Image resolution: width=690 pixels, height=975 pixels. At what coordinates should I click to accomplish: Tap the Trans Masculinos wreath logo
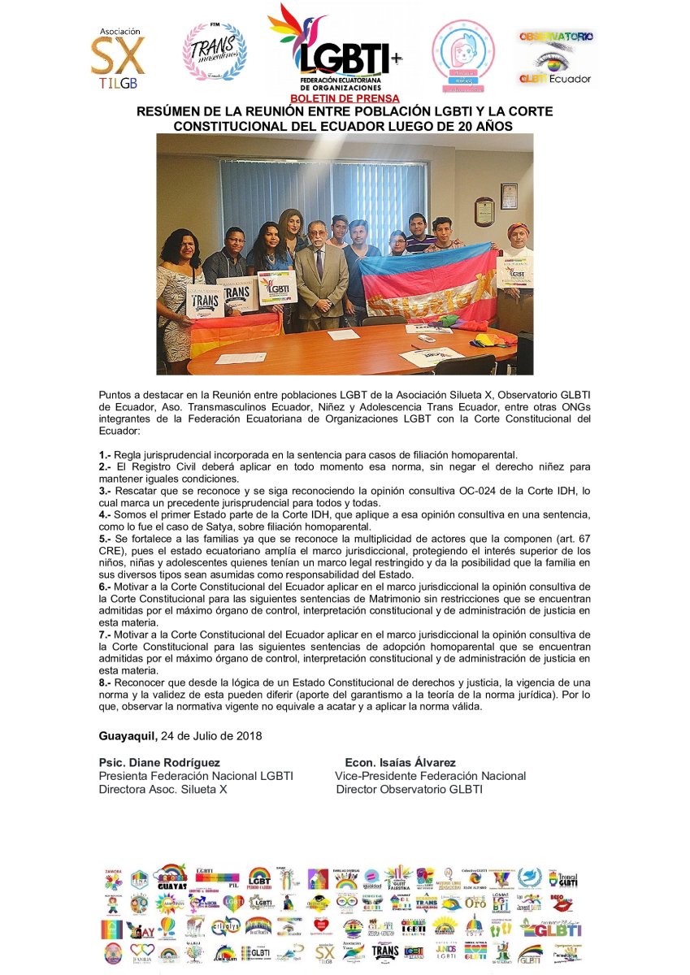[214, 51]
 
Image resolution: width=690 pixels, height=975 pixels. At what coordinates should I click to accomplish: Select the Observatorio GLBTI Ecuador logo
[556, 58]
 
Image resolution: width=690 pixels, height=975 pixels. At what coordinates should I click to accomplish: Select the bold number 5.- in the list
[105, 537]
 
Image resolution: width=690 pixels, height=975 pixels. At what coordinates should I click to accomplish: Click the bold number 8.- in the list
[105, 683]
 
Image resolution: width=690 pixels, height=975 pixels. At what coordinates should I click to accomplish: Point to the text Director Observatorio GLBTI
[409, 789]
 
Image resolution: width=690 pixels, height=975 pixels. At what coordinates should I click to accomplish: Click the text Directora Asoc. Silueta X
[163, 789]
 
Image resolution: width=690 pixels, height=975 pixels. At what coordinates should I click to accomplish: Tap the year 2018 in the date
[248, 736]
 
